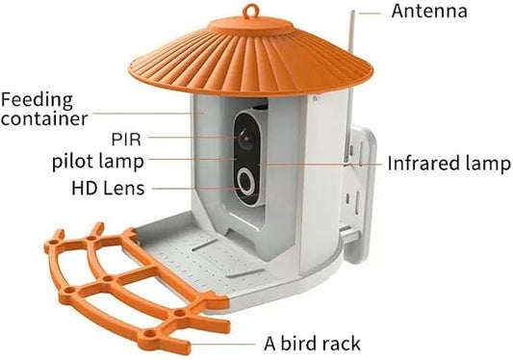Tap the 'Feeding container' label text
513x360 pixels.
click(x=44, y=109)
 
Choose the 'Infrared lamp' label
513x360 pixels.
click(x=448, y=164)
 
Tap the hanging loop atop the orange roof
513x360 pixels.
click(x=253, y=13)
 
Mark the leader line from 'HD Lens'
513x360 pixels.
click(x=193, y=188)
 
